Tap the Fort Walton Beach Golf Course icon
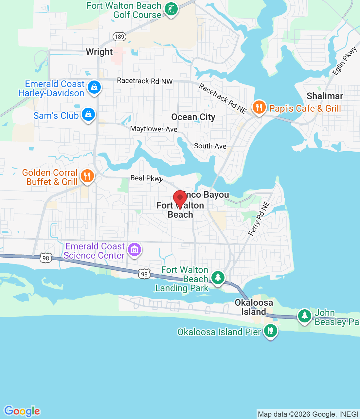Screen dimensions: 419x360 click(x=171, y=9)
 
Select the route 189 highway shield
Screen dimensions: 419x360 click(x=119, y=36)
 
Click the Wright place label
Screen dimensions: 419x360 click(x=99, y=52)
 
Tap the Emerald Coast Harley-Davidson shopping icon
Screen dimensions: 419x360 click(x=94, y=87)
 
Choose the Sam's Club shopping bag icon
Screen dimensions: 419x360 click(x=88, y=115)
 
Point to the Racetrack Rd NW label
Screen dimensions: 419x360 click(x=145, y=81)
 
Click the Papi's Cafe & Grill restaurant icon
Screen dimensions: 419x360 click(x=259, y=107)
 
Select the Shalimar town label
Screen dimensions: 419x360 click(x=325, y=96)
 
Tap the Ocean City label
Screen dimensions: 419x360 click(x=193, y=117)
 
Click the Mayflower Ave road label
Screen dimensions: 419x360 click(x=154, y=129)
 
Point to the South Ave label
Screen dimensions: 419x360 click(x=210, y=146)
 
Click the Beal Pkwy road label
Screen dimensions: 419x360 click(x=147, y=178)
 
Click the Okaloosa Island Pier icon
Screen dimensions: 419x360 click(x=270, y=331)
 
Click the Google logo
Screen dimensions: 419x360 click(x=22, y=411)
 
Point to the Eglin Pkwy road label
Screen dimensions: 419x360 click(x=344, y=61)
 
